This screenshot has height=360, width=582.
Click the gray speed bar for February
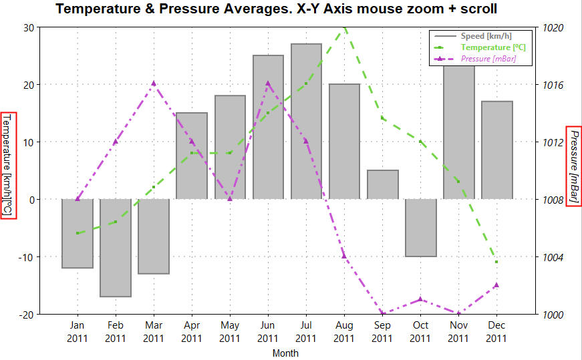click(x=116, y=248)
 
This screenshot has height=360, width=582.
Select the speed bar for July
click(x=306, y=121)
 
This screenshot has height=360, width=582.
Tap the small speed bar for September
click(x=382, y=184)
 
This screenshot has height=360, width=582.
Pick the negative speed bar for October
click(x=420, y=228)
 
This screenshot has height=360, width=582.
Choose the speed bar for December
click(x=496, y=150)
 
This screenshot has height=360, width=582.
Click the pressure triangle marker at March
click(x=154, y=83)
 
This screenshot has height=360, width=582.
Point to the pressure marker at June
click(x=268, y=83)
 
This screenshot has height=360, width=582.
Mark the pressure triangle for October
click(x=420, y=299)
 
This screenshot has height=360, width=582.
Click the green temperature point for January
click(x=78, y=233)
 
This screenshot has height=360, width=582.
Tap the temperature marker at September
click(x=382, y=118)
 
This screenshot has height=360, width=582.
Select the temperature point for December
click(x=496, y=262)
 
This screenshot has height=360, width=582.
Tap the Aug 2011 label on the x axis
click(x=344, y=332)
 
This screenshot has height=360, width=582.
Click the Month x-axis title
click(x=285, y=353)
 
